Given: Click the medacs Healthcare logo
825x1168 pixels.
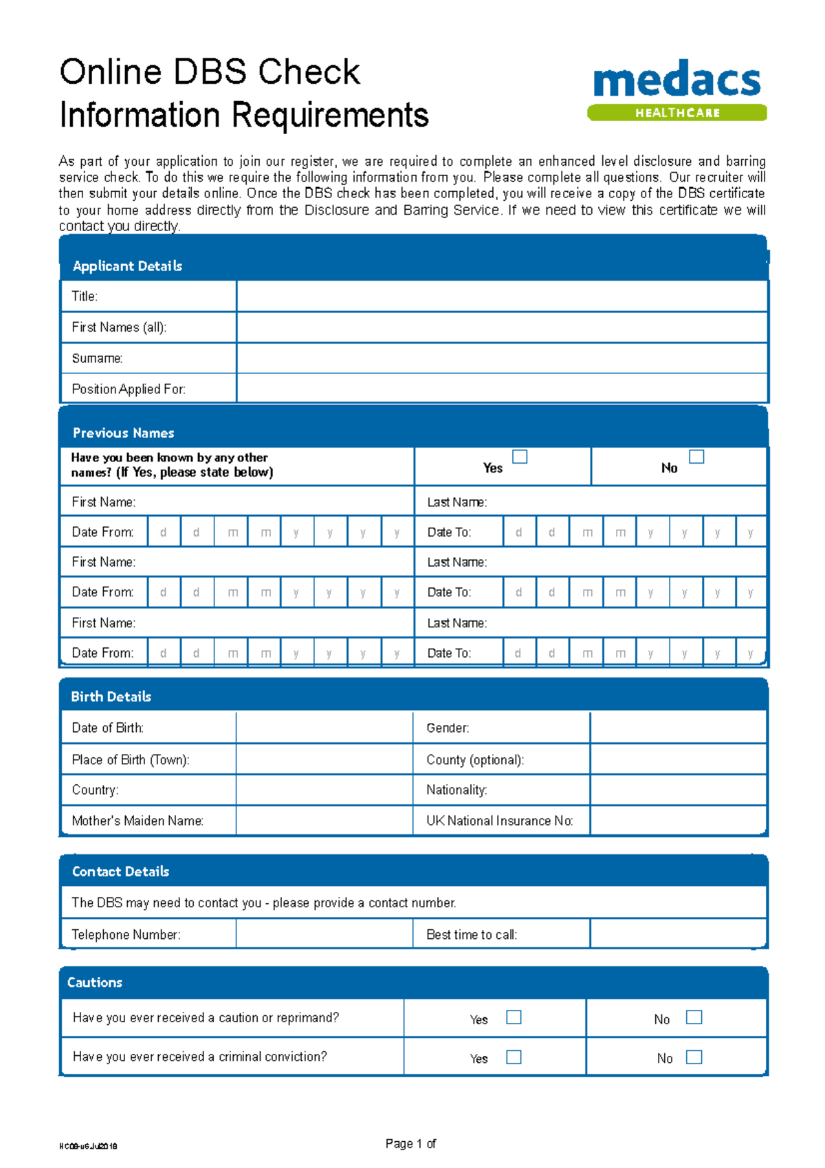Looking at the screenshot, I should (677, 89).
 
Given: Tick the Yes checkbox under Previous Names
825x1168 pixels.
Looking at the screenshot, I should (520, 457).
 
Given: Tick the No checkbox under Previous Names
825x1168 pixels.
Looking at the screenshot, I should (696, 457).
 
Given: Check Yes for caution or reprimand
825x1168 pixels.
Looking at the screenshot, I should (514, 1017).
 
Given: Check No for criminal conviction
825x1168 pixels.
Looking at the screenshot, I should (694, 1057).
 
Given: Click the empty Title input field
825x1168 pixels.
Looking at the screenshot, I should (502, 296).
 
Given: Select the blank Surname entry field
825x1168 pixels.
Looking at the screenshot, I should (502, 358).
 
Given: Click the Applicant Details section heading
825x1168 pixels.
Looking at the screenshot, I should (127, 266).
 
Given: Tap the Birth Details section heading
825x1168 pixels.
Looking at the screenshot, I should (111, 696).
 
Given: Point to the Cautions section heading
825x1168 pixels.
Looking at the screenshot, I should (95, 982).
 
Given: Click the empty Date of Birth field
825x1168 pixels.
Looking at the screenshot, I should (324, 728).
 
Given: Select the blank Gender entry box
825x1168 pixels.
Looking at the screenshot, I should (678, 728).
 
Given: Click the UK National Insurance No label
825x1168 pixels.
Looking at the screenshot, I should (499, 821).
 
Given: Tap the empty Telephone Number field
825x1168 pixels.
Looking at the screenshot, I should (324, 934).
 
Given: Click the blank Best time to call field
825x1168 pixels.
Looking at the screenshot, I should (678, 934).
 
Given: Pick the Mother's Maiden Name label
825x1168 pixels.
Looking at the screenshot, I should (137, 821).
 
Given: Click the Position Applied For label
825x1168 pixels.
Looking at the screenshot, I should (129, 389).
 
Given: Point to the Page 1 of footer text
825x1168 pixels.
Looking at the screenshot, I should (410, 1143).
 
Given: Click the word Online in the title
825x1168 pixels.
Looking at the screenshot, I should (111, 72).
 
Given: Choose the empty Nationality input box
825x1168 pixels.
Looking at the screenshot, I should (678, 790).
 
